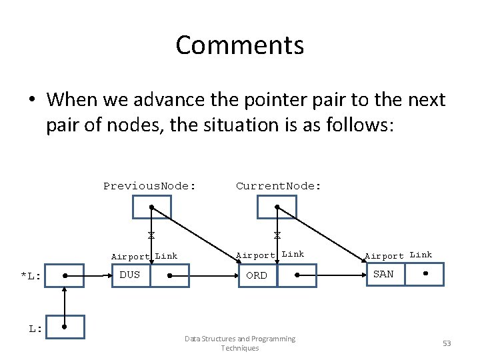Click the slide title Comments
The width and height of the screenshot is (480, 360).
[x=240, y=45]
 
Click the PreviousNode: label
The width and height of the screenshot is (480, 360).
[x=149, y=186]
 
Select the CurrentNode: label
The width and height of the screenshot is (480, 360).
[x=279, y=186]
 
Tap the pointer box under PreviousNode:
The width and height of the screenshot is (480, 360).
[x=151, y=207]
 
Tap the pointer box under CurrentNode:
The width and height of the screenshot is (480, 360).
[x=277, y=207]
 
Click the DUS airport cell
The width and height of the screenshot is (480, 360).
[x=130, y=275]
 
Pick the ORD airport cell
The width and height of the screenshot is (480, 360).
[x=257, y=275]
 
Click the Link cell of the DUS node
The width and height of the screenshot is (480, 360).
[x=170, y=275]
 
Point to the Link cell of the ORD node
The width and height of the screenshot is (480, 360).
[x=297, y=275]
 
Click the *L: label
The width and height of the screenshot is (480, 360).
[x=31, y=276]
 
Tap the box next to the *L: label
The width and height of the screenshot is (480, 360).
[x=64, y=275]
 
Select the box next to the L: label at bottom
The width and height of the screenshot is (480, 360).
[x=64, y=327]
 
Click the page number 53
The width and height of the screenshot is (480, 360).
[x=446, y=343]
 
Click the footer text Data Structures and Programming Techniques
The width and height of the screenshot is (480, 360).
[x=240, y=343]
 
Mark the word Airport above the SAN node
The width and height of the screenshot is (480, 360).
[x=384, y=256]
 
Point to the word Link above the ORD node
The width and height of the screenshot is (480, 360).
[x=293, y=254]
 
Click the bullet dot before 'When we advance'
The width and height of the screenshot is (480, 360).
[x=33, y=101]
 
